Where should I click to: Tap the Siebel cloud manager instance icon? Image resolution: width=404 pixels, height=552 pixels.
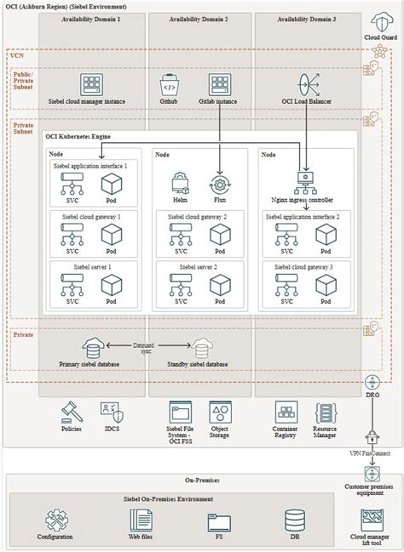pyautogui.click(x=90, y=85)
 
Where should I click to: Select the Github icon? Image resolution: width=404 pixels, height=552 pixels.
pyautogui.click(x=168, y=85)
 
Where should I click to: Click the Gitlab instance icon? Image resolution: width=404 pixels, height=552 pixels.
pyautogui.click(x=221, y=85)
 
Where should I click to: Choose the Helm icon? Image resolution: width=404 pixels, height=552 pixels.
pyautogui.click(x=181, y=182)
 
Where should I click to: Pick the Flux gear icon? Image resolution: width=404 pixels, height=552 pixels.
pyautogui.click(x=221, y=182)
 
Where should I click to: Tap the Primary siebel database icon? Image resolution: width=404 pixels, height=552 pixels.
pyautogui.click(x=94, y=347)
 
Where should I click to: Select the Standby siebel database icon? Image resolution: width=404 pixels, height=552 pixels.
pyautogui.click(x=202, y=347)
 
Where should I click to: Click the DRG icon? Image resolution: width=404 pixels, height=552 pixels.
pyautogui.click(x=372, y=384)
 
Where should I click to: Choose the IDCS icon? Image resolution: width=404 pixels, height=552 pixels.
pyautogui.click(x=112, y=413)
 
